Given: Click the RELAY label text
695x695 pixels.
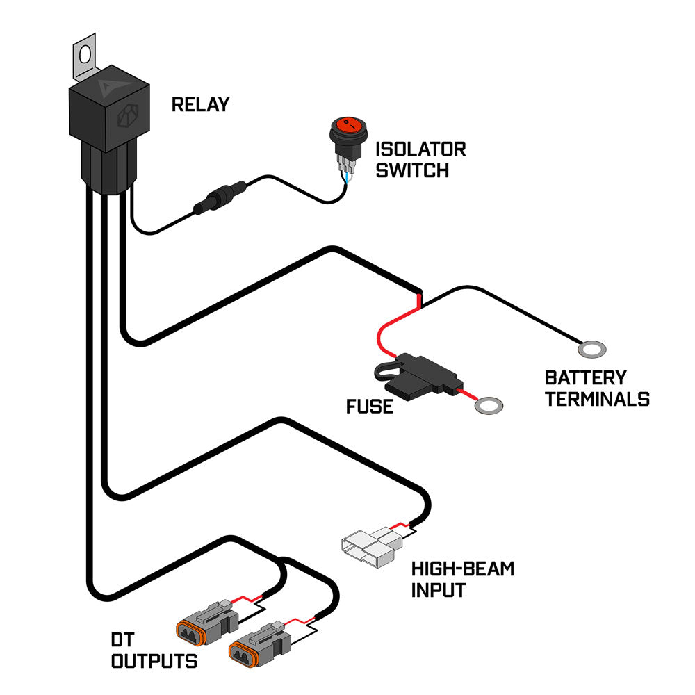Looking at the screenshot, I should click(x=200, y=105).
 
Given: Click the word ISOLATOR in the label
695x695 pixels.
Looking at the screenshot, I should click(x=420, y=149).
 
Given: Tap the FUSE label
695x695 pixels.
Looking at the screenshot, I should click(x=369, y=406).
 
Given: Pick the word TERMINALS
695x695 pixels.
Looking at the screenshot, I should click(x=597, y=400).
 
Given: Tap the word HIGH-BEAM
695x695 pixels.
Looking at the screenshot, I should click(x=462, y=569).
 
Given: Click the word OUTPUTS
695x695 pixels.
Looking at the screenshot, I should click(x=154, y=660).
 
